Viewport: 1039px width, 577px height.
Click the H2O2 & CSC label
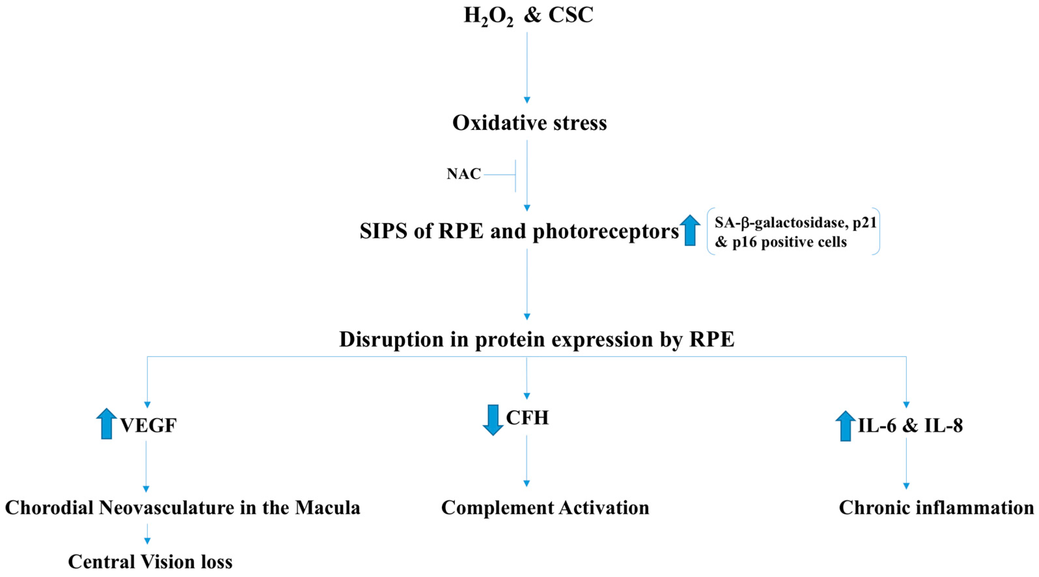528,16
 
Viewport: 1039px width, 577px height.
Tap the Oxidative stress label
529,123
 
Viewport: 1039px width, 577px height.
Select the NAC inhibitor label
464,174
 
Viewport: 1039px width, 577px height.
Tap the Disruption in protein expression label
537,340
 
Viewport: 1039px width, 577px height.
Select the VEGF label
148,426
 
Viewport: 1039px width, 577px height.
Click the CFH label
527,418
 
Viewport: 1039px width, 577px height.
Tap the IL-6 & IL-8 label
911,426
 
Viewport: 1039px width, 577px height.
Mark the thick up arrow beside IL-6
845,426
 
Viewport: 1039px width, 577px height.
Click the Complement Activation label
545,508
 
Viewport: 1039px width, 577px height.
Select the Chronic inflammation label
936,508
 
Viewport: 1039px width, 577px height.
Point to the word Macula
327,508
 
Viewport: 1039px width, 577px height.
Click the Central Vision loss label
150,562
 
